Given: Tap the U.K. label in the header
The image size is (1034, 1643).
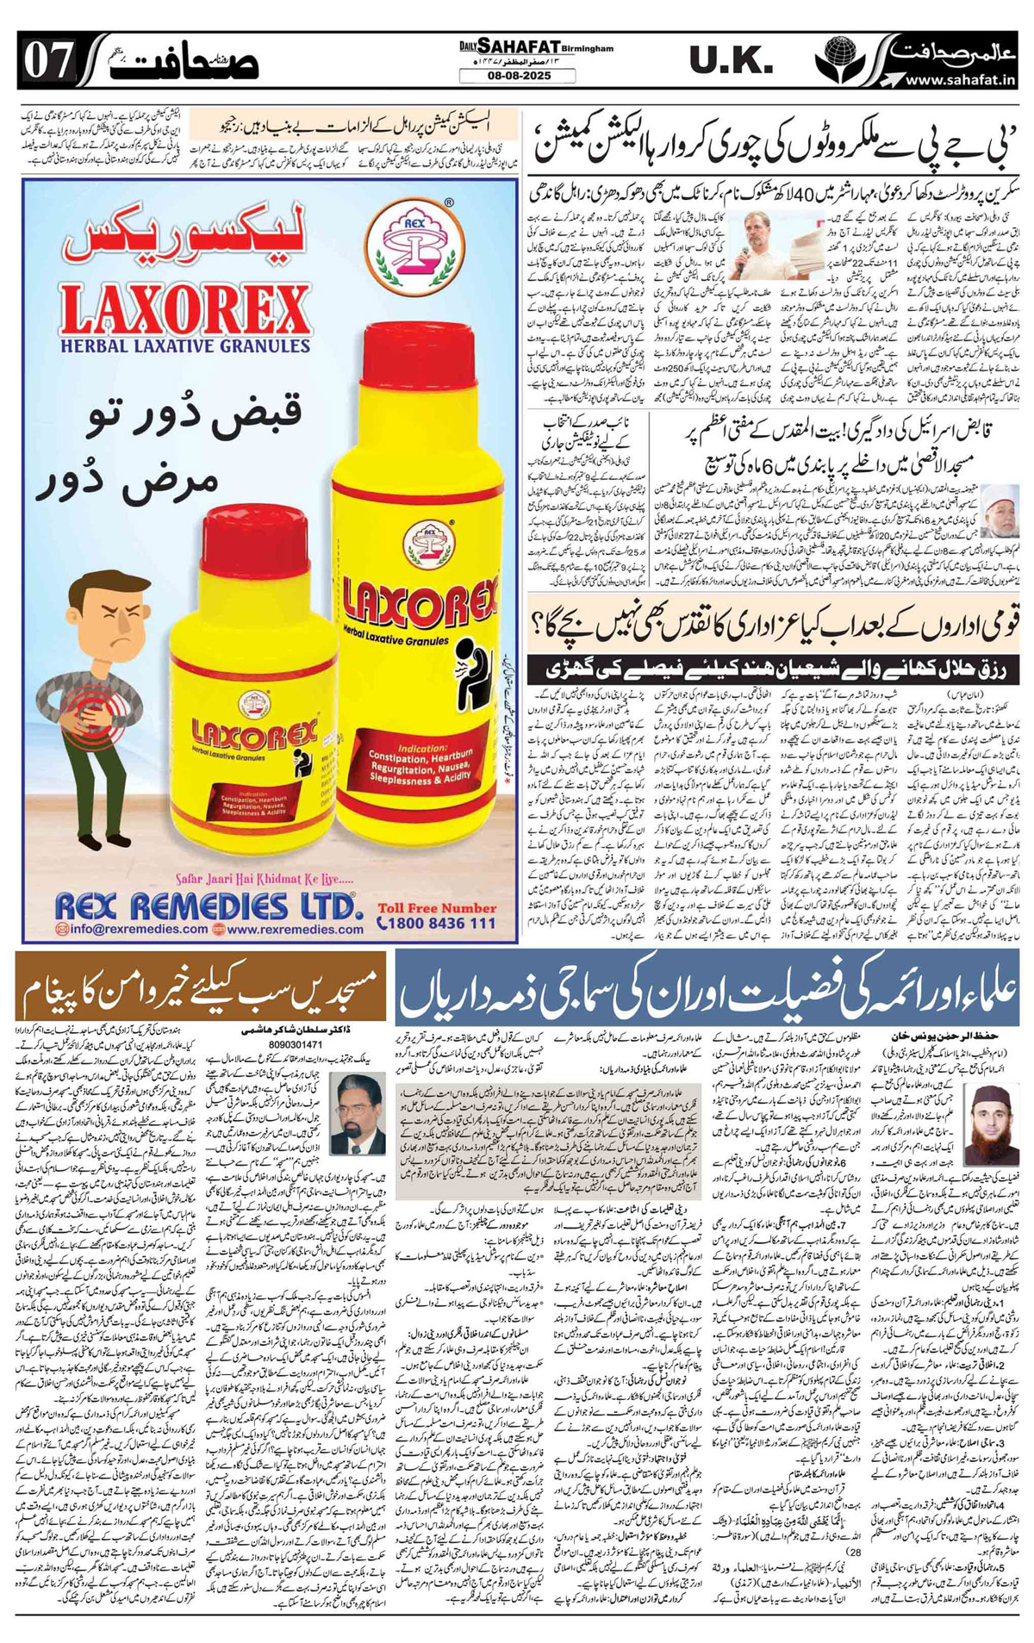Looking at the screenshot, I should click(x=732, y=61).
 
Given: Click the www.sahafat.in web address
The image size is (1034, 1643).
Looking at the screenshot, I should click(x=959, y=80).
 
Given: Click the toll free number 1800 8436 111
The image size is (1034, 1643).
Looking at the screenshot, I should click(x=437, y=923).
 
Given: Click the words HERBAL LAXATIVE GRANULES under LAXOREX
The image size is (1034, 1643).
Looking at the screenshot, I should click(x=184, y=346).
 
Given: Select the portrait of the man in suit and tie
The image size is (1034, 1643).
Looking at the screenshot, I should click(x=356, y=1112).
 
